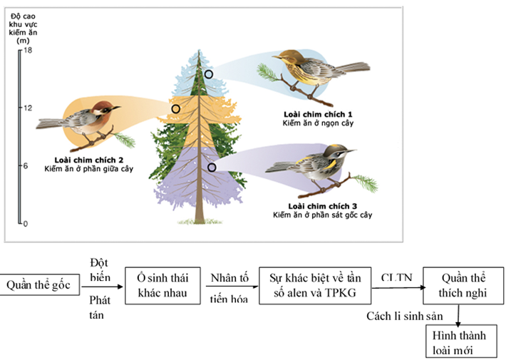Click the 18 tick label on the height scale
[28, 50]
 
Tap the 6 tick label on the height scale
[26, 165]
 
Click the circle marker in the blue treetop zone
[209, 74]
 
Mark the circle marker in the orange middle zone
[175, 109]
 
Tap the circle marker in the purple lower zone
[212, 168]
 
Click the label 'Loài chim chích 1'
[318, 114]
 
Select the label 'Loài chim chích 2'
[89, 160]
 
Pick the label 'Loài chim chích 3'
[323, 206]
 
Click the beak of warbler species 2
[117, 107]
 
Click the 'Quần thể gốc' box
[39, 284]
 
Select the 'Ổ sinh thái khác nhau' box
[162, 286]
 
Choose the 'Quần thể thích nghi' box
[463, 286]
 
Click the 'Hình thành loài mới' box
[461, 341]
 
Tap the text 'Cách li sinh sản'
[405, 316]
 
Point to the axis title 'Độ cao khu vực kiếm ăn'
[23, 29]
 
